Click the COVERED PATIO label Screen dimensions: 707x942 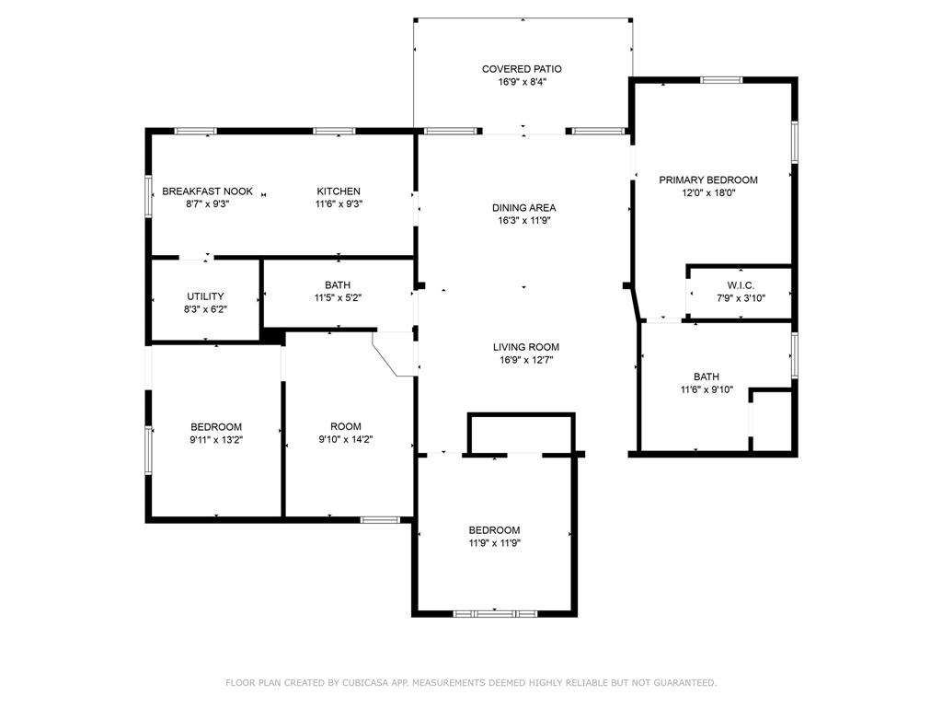coord(523,69)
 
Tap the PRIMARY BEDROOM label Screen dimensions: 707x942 coord(707,180)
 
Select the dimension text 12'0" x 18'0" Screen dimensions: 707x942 coord(707,193)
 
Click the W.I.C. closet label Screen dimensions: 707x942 coord(741,285)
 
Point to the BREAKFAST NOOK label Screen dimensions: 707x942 coord(207,191)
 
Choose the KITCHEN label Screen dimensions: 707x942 coord(339,191)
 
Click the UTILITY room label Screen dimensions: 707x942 coord(205,296)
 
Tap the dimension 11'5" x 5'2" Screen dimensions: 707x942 coord(338,298)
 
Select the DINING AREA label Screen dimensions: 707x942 coord(523,208)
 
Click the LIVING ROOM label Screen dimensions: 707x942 coord(525,347)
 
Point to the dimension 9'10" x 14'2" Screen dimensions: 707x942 coord(346,440)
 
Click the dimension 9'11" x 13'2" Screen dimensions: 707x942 coord(216,440)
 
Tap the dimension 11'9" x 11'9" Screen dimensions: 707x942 coord(494,543)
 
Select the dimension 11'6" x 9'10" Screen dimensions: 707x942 coord(706,390)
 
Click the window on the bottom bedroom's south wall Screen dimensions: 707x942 coord(495,613)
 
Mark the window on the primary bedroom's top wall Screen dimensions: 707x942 coord(721,80)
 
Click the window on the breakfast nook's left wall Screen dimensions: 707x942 coord(149,196)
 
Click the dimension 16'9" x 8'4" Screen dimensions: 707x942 coord(523,82)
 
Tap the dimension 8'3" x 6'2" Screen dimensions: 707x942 coord(205,310)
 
